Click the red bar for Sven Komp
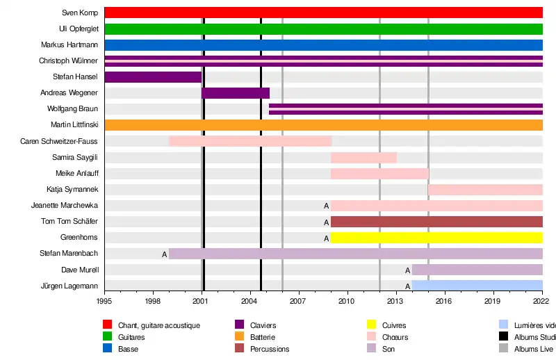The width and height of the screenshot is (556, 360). click(323, 13)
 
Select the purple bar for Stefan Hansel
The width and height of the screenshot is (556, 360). click(153, 77)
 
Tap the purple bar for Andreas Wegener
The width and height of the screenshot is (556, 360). click(236, 93)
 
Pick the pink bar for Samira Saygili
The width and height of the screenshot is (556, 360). click(363, 157)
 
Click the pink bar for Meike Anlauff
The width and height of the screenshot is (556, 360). click(379, 173)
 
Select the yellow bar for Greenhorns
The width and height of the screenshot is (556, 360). click(436, 238)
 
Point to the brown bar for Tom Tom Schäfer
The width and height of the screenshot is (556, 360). click(436, 222)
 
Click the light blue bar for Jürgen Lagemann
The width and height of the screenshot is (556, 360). click(477, 286)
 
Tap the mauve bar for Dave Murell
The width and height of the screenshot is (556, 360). click(477, 270)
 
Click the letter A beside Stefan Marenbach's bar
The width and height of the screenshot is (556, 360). click(165, 254)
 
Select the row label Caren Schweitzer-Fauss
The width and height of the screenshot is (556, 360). click(59, 141)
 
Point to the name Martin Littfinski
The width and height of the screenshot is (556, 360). click(74, 125)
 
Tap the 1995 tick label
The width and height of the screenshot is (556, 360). click(104, 301)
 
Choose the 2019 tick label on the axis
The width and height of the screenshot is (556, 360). click(493, 301)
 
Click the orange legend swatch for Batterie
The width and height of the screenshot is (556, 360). click(239, 337)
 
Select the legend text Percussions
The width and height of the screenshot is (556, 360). click(270, 349)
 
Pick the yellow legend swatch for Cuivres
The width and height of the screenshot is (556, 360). click(371, 325)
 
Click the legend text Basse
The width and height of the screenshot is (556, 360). click(128, 349)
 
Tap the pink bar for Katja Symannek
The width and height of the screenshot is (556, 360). click(485, 190)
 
